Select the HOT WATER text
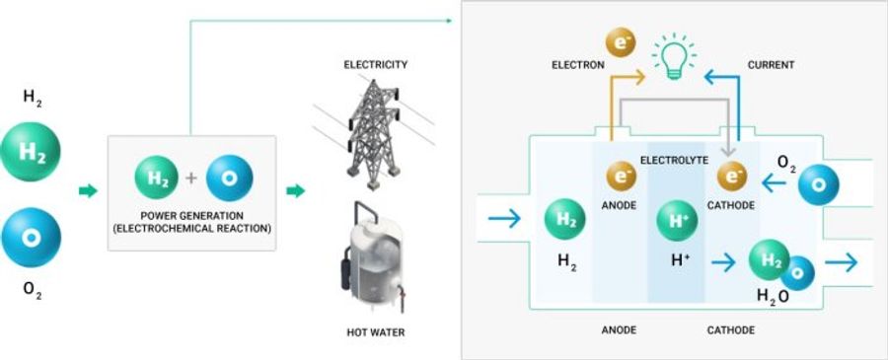coord(374,332)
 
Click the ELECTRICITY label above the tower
coord(375,65)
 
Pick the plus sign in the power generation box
coord(192,179)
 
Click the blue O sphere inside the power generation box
coord(230,179)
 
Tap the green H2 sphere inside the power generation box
coord(157,179)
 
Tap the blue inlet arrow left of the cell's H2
coord(504,219)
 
